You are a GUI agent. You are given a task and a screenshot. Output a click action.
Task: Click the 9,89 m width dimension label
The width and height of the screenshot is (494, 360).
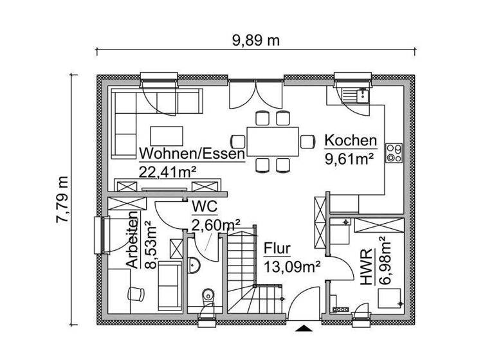pyautogui.click(x=255, y=40)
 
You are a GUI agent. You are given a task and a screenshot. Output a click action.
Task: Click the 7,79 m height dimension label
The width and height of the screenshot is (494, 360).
pyautogui.click(x=62, y=199)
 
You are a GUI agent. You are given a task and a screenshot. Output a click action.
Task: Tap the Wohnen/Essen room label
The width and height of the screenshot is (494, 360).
pyautogui.click(x=192, y=154)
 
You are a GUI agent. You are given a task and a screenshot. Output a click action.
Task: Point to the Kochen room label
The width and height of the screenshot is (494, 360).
pyautogui.click(x=350, y=140)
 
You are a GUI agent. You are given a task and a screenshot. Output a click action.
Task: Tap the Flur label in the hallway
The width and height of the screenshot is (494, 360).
pyautogui.click(x=277, y=248)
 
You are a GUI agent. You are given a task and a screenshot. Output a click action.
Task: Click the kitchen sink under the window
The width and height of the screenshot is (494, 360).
pyautogui.click(x=356, y=96)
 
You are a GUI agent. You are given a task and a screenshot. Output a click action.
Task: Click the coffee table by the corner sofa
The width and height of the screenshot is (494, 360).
pyautogui.click(x=167, y=136)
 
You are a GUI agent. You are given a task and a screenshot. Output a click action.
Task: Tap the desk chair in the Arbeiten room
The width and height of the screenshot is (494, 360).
pyautogui.click(x=136, y=292)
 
